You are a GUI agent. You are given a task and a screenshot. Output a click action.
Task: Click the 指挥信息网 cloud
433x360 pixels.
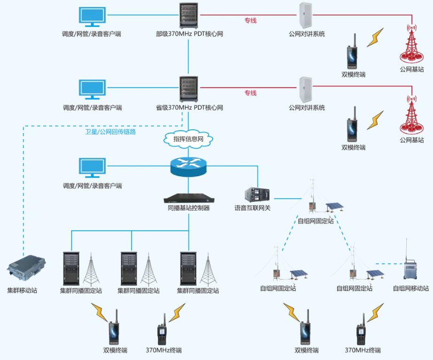[x=188, y=139]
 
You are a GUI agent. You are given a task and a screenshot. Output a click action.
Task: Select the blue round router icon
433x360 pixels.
[x=188, y=166]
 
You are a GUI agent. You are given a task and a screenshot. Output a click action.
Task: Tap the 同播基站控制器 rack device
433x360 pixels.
[x=188, y=198]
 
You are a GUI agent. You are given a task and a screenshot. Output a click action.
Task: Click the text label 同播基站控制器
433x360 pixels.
[x=188, y=208]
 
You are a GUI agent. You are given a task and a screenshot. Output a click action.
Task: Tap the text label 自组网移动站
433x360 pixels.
[x=411, y=289]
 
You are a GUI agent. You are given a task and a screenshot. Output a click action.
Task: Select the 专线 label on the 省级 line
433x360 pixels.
[x=250, y=93]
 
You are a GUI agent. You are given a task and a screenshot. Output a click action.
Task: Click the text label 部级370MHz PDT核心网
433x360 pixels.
[x=189, y=34]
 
